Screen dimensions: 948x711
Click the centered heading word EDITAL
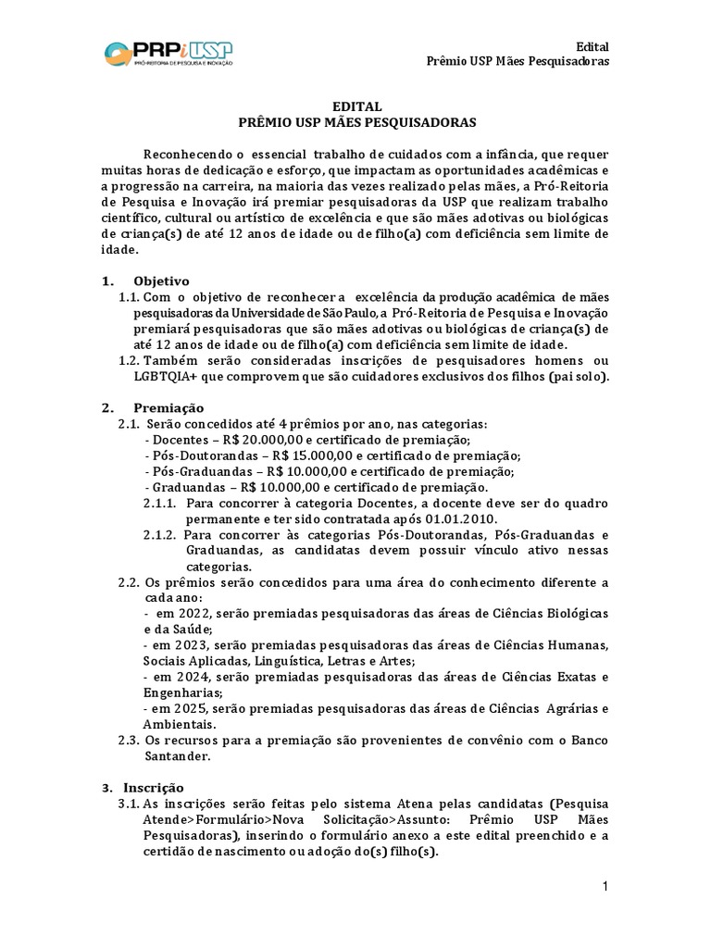pyautogui.click(x=355, y=106)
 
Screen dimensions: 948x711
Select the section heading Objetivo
pyautogui.click(x=161, y=280)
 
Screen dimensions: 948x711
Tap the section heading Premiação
pyautogui.click(x=168, y=407)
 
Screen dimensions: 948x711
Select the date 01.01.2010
pyautogui.click(x=478, y=519)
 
